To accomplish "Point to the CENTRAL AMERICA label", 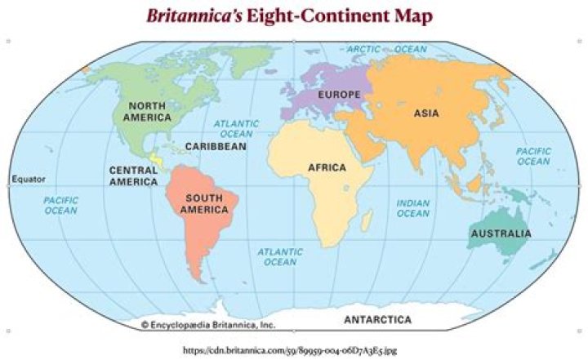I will pyautogui.click(x=133, y=176).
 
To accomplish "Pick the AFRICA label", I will pyautogui.click(x=327, y=168).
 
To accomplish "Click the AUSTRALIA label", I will pyautogui.click(x=500, y=234).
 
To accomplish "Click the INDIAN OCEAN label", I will pyautogui.click(x=412, y=208).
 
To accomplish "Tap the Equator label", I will pyautogui.click(x=29, y=179).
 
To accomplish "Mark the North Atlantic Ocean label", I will pyautogui.click(x=236, y=128).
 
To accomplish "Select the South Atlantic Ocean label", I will pyautogui.click(x=279, y=257).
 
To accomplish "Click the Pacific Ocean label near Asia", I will pyautogui.click(x=533, y=156).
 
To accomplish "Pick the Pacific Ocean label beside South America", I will pyautogui.click(x=60, y=205).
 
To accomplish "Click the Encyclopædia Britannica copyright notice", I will pyautogui.click(x=208, y=324).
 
